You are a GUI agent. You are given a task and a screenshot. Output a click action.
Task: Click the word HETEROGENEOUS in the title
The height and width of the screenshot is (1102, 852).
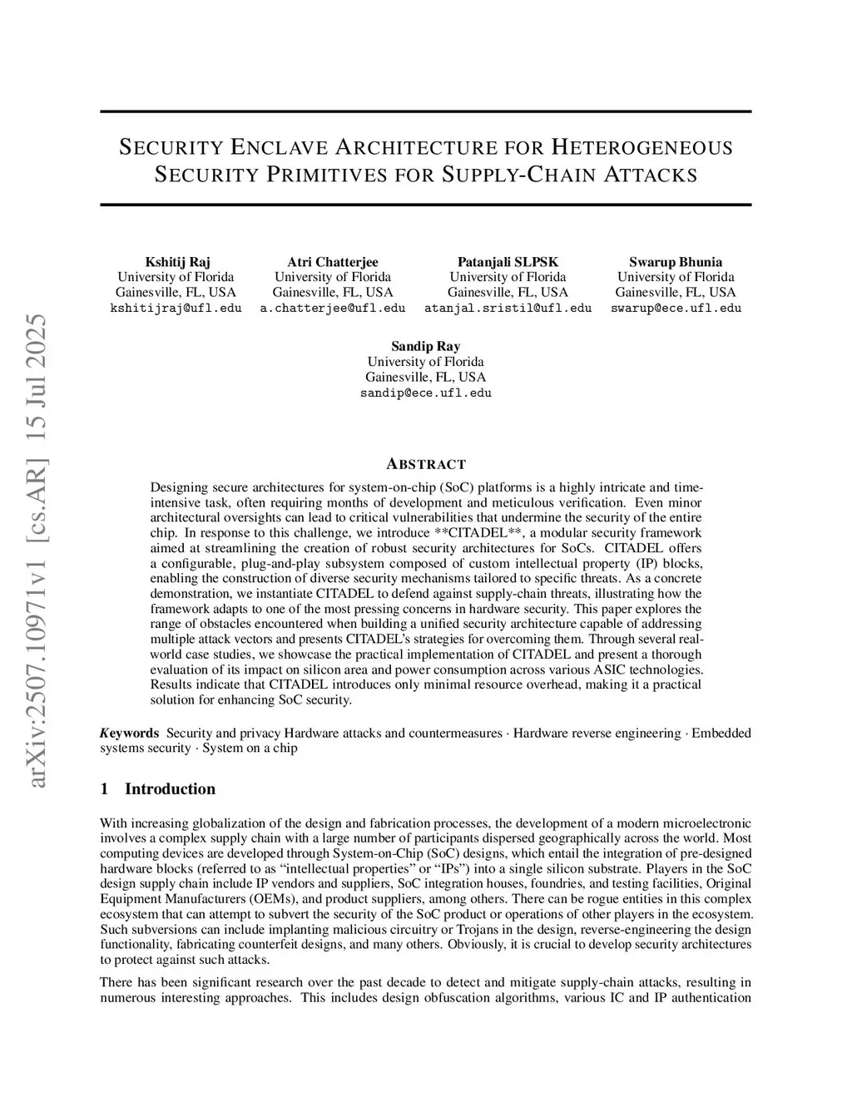click(642, 148)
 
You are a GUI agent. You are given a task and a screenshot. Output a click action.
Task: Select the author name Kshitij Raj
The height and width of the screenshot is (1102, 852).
click(177, 262)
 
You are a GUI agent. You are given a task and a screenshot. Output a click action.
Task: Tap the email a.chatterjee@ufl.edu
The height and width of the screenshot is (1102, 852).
click(333, 308)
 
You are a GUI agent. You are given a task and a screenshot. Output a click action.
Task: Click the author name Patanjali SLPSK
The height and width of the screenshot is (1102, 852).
click(508, 262)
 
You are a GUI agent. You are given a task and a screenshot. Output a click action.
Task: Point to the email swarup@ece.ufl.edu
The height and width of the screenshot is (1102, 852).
click(676, 308)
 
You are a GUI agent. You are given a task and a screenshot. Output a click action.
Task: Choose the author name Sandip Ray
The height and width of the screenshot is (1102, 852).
click(425, 347)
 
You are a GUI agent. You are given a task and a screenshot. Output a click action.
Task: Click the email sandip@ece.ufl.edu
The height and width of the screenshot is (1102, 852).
click(425, 393)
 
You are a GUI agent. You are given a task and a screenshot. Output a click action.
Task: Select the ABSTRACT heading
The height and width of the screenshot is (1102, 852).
click(426, 464)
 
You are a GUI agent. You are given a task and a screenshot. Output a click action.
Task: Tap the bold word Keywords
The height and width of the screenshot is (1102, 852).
click(129, 733)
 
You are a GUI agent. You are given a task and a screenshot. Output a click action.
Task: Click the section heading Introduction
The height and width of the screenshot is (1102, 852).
click(170, 789)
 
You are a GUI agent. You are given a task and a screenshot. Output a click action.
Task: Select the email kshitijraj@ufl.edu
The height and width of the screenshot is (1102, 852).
click(176, 308)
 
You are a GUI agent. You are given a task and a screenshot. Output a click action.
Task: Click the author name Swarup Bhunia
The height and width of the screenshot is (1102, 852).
click(675, 262)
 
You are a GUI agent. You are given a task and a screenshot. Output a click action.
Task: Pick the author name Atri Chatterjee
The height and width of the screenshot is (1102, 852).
click(333, 262)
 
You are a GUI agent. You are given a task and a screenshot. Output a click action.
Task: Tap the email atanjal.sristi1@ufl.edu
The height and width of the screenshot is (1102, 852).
click(508, 308)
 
